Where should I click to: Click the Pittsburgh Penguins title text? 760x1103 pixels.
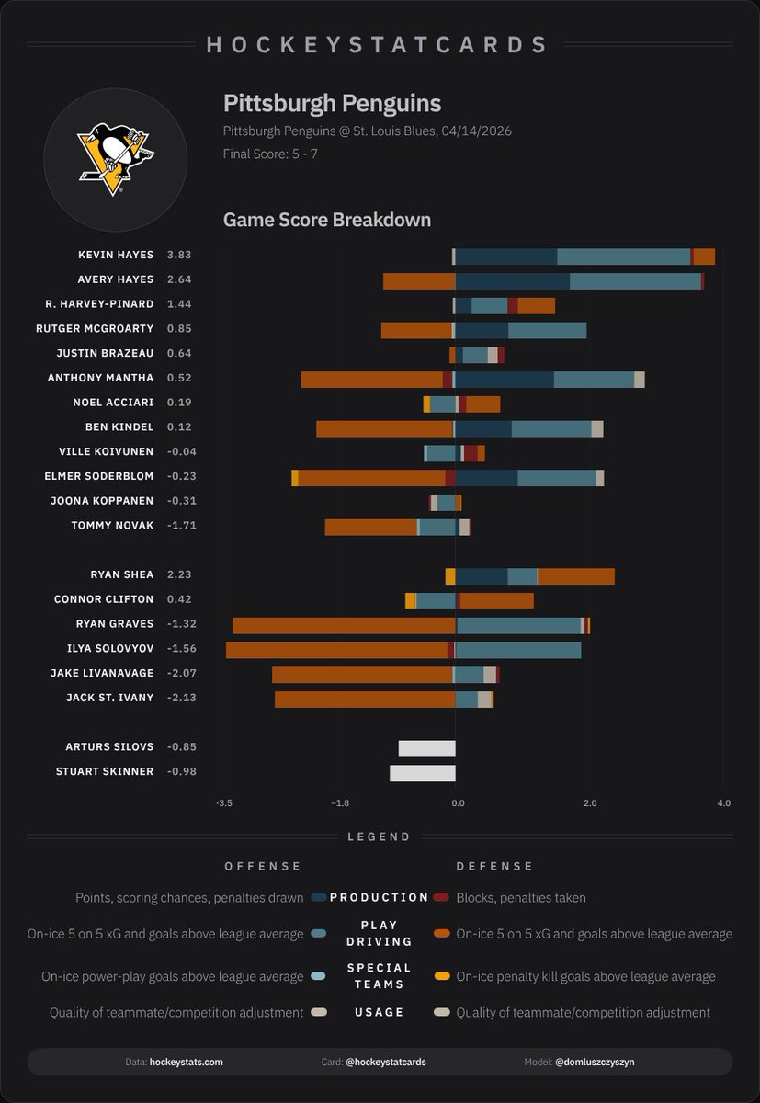(332, 103)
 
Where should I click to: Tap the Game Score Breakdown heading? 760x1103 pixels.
(326, 221)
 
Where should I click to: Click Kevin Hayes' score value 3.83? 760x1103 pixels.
(179, 255)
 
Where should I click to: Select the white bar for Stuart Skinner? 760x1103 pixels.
(422, 772)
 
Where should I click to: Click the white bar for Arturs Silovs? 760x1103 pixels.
(426, 747)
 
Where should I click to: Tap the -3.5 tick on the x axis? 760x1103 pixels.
(223, 803)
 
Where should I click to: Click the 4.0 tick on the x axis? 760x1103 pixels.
(723, 803)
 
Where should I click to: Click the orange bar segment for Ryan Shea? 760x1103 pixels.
(575, 576)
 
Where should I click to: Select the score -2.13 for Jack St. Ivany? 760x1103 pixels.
(181, 698)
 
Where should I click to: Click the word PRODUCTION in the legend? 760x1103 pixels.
(380, 897)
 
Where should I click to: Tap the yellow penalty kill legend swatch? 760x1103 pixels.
(442, 976)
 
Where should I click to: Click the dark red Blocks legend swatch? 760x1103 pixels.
(442, 897)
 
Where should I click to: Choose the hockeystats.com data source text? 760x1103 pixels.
(186, 1062)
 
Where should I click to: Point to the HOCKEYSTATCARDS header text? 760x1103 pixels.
(379, 44)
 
